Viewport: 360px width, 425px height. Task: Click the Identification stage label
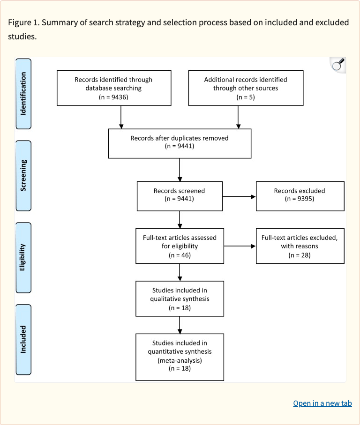click(23, 94)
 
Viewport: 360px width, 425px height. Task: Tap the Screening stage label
click(23, 175)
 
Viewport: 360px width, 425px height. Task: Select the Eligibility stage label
click(23, 257)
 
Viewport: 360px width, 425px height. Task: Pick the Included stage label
click(23, 339)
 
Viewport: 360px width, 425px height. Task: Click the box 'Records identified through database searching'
click(113, 88)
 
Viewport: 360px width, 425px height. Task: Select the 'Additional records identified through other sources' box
click(245, 88)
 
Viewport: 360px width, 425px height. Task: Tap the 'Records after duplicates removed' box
click(180, 143)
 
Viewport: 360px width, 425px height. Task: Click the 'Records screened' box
click(179, 196)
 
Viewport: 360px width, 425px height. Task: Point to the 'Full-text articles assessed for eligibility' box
click(180, 246)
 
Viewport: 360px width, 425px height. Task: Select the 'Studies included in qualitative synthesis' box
click(180, 299)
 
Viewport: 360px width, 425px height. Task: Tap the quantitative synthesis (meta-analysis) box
click(180, 357)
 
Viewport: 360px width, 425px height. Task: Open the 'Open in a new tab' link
click(322, 403)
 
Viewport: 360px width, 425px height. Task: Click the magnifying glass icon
click(337, 65)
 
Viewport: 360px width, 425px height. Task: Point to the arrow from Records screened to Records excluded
click(239, 197)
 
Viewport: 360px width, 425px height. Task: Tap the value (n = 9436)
click(113, 97)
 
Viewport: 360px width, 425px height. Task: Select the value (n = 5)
click(245, 97)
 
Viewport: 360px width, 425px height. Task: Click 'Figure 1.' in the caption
click(24, 22)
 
